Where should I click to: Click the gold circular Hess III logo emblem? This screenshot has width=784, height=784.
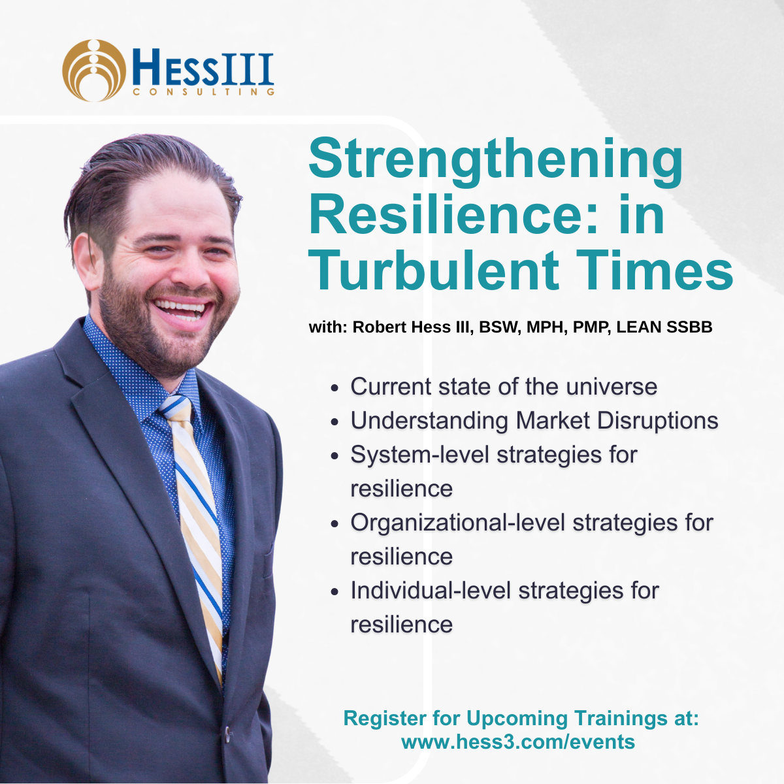point(93,70)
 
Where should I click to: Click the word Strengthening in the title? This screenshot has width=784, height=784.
point(495,161)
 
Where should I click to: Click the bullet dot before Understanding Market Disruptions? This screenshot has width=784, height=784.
point(335,422)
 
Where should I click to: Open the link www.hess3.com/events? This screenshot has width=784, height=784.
point(518,742)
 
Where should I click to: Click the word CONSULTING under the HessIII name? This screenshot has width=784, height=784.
point(203,93)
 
